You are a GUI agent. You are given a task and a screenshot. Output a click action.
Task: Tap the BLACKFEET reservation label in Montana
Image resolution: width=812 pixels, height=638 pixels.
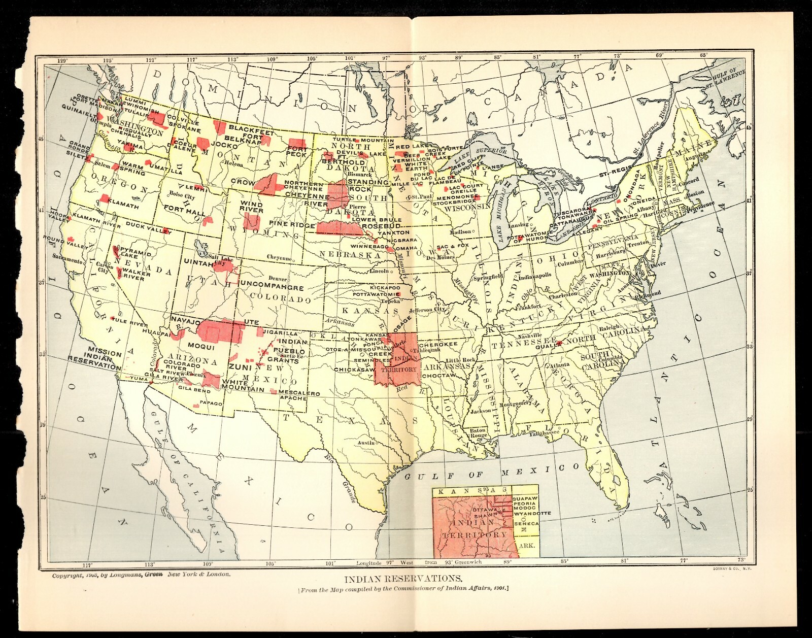click(x=251, y=128)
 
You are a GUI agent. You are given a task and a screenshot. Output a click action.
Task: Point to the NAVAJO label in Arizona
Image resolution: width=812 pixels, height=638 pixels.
click(x=186, y=320)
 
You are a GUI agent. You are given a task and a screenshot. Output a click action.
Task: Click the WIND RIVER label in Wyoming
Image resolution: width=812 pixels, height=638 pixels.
click(x=252, y=207)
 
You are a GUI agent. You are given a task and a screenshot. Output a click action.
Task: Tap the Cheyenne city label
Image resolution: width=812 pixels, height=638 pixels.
click(x=279, y=258)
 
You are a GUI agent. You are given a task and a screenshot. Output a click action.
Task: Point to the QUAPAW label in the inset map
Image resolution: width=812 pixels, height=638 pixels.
click(x=524, y=498)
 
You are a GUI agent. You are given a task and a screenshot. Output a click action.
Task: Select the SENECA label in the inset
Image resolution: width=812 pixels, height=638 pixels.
click(x=526, y=523)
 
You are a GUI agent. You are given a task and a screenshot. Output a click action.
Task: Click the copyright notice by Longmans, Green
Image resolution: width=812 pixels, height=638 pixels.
click(x=141, y=575)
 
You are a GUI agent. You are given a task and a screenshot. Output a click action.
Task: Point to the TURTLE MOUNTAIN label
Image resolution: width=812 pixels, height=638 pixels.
click(x=363, y=140)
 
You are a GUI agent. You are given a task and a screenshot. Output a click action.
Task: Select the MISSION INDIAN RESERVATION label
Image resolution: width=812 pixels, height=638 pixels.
click(x=96, y=358)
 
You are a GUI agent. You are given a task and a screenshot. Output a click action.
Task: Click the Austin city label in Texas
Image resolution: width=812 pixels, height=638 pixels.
click(x=365, y=443)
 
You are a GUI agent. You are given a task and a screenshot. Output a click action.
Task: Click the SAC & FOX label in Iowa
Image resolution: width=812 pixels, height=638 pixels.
click(x=445, y=246)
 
